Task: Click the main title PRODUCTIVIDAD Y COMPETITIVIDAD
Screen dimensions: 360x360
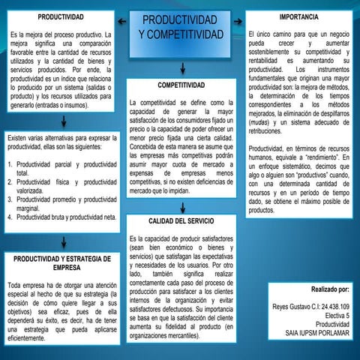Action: (x=181, y=28)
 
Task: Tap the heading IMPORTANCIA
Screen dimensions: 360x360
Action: (x=298, y=16)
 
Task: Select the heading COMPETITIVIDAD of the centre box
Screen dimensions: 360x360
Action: (x=181, y=85)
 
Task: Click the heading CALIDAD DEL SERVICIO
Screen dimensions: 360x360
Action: (x=181, y=222)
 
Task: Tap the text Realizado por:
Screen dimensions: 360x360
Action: (x=330, y=289)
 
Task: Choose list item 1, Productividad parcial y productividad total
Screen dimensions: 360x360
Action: (x=62, y=168)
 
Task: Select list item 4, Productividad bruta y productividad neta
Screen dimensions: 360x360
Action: (x=62, y=217)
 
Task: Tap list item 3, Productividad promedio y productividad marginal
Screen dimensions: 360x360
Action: (x=62, y=204)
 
